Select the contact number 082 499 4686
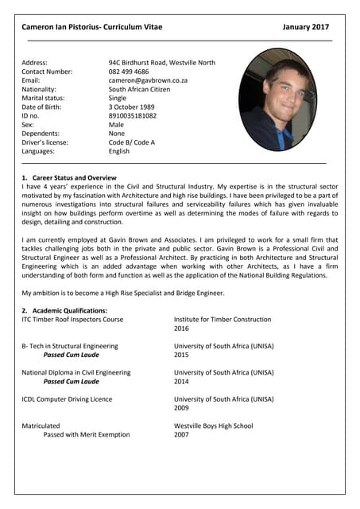point(128,72)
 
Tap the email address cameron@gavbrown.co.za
point(148,80)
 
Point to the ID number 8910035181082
point(133,115)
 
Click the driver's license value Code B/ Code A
point(132,142)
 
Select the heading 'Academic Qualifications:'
point(68,310)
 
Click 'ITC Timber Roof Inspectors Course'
point(72,320)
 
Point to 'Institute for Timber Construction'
point(223,320)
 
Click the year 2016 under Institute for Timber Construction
point(181,328)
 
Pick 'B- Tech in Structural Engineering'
point(70,346)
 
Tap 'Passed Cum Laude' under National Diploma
point(72,382)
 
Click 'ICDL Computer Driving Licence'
point(67,399)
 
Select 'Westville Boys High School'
point(213,425)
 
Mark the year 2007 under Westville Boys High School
point(181,435)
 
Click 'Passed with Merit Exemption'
point(87,435)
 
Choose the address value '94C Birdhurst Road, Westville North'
point(162,63)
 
